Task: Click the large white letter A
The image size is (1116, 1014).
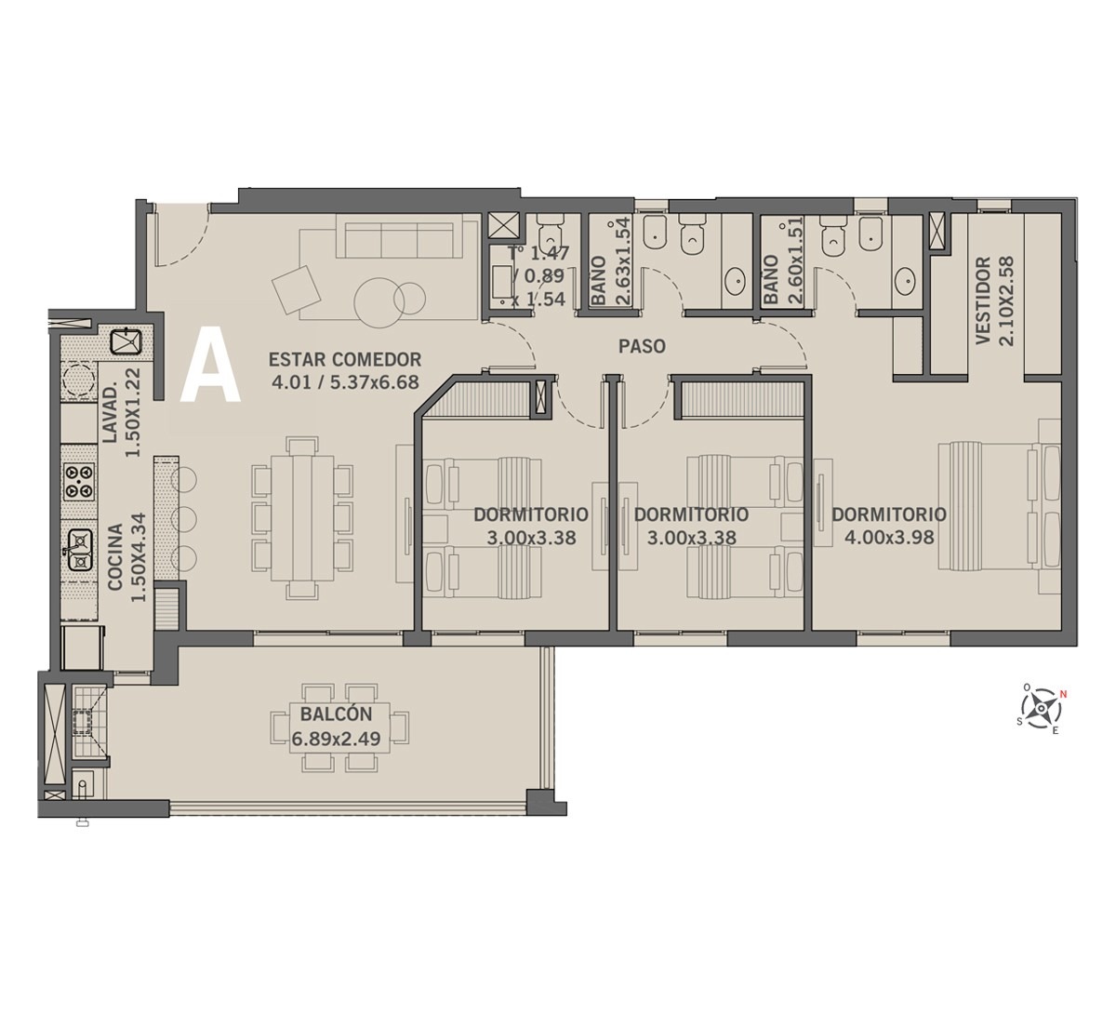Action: (210, 365)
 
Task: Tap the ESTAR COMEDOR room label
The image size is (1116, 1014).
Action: (345, 359)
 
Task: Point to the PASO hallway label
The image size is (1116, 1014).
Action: (642, 346)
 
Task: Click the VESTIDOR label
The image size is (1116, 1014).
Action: (984, 300)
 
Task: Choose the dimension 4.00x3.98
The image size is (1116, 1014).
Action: (888, 538)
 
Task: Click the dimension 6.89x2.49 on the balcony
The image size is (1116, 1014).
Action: (336, 739)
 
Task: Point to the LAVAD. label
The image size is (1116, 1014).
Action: (110, 412)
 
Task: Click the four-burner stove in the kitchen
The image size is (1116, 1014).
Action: (79, 481)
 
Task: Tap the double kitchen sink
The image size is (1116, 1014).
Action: (80, 551)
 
